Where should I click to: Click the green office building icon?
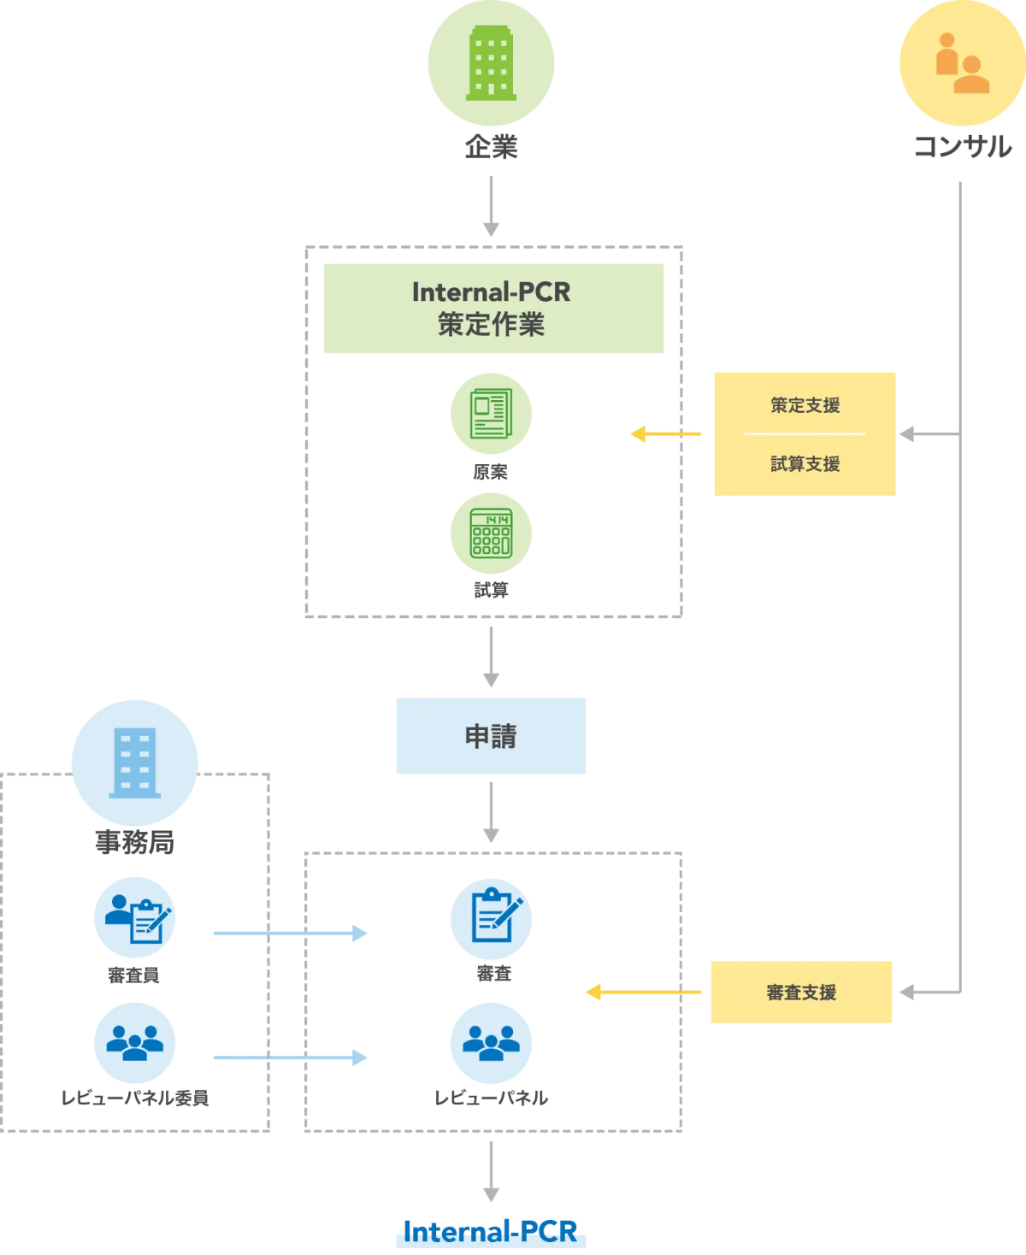pyautogui.click(x=492, y=62)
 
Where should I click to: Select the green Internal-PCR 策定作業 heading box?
pyautogui.click(x=495, y=308)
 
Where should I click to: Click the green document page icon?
pyautogui.click(x=491, y=414)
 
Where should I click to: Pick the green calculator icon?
pyautogui.click(x=492, y=533)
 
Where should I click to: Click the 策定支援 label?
pyautogui.click(x=805, y=405)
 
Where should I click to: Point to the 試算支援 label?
pyautogui.click(x=805, y=464)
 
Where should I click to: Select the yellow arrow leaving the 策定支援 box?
pyautogui.click(x=667, y=434)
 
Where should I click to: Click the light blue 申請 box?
pyautogui.click(x=489, y=738)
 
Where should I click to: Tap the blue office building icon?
pyautogui.click(x=134, y=763)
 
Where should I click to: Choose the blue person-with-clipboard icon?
pyautogui.click(x=135, y=918)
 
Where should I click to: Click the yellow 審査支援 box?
pyautogui.click(x=800, y=992)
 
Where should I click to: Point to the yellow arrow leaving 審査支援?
pyautogui.click(x=643, y=992)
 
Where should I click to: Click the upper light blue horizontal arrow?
pyautogui.click(x=290, y=934)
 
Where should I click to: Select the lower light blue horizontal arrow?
pyautogui.click(x=290, y=1058)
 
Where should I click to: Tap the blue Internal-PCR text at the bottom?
pyautogui.click(x=490, y=1231)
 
